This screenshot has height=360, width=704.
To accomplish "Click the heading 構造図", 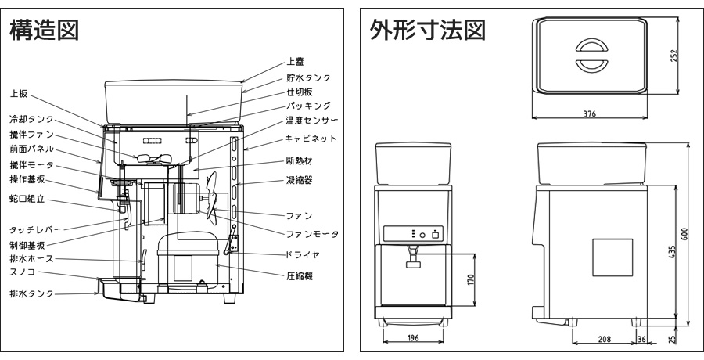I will [x=44, y=31].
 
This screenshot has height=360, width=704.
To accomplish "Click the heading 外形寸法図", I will [x=427, y=31].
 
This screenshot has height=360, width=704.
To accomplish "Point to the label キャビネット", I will [x=311, y=138].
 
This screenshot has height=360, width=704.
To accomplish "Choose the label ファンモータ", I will [x=311, y=234].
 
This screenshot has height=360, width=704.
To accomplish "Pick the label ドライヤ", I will [x=303, y=255].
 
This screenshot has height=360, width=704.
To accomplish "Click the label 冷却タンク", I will [x=31, y=120].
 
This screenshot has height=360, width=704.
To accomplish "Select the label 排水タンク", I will [x=31, y=293].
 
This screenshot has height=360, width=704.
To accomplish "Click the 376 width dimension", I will [x=589, y=114].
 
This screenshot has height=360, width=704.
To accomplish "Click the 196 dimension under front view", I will [x=413, y=338].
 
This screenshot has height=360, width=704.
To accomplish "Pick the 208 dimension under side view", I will [x=605, y=338].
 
